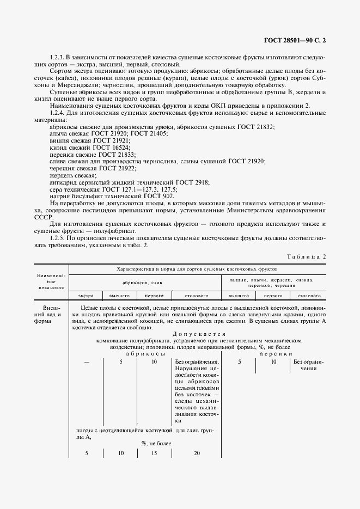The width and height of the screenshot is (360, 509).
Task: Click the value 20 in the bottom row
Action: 197,453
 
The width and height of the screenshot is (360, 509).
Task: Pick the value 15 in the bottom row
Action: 154,453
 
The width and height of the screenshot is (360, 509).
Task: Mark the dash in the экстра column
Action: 86,361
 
